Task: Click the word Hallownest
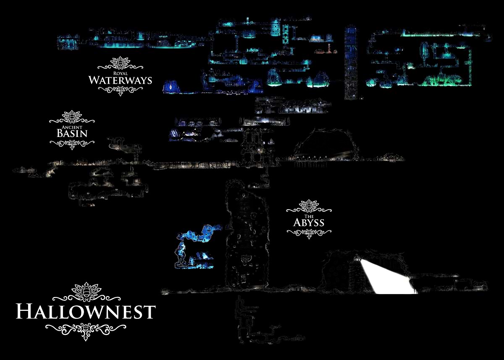pyautogui.click(x=86, y=312)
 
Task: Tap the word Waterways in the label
pyautogui.click(x=120, y=80)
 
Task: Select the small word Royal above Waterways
pyautogui.click(x=120, y=73)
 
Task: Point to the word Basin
pyautogui.click(x=72, y=134)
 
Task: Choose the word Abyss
pyautogui.click(x=309, y=223)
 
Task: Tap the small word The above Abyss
pyautogui.click(x=309, y=216)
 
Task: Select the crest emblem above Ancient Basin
pyautogui.click(x=72, y=116)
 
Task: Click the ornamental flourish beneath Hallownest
pyautogui.click(x=86, y=329)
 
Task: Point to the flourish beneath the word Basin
pyautogui.click(x=72, y=144)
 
